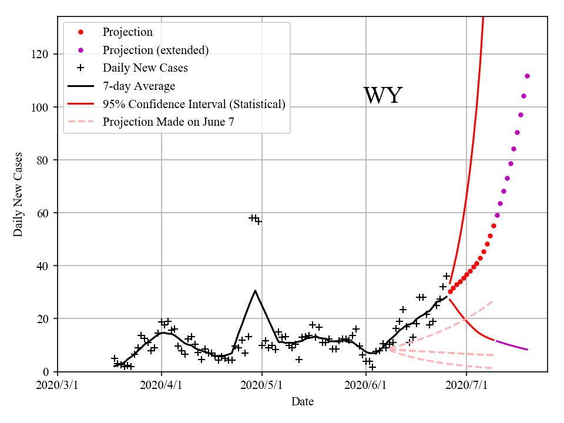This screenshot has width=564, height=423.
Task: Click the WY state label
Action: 382,96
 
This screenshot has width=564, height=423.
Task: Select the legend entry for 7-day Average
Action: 139,86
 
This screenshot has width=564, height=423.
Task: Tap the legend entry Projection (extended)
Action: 155,50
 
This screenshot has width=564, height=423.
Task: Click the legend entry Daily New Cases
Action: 145,68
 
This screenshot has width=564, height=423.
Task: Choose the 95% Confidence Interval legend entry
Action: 194,104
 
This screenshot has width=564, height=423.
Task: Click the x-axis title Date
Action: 303,402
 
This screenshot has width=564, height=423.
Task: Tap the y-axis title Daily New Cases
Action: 18,194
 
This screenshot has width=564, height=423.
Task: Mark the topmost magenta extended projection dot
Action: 527,76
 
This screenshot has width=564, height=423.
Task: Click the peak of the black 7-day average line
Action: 255,290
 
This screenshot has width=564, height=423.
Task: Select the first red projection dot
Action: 450,291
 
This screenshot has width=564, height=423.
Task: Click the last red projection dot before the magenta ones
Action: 493,226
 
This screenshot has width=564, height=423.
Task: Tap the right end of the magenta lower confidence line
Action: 528,350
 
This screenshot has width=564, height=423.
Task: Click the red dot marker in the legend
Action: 80,32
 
